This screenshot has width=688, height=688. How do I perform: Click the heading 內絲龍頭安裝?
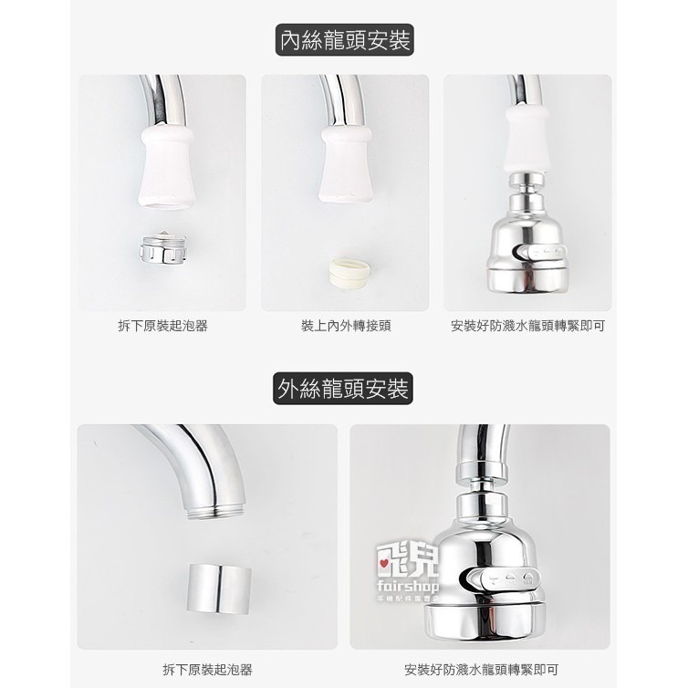point(344,42)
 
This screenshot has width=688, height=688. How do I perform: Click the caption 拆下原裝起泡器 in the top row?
point(162,326)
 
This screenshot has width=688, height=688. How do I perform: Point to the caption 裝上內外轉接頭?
point(346,326)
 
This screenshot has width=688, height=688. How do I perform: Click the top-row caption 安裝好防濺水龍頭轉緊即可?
point(527,326)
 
